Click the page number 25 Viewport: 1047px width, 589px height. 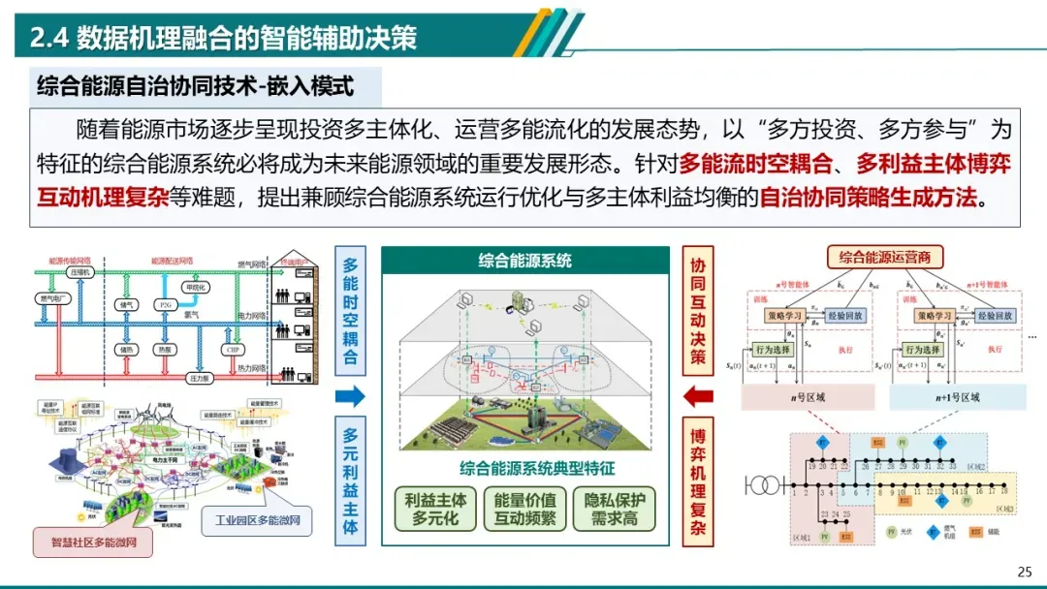click(x=1025, y=571)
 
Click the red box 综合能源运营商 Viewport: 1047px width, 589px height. click(x=884, y=258)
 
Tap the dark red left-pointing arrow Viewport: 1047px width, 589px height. click(x=698, y=395)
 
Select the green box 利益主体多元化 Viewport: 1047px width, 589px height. click(x=435, y=509)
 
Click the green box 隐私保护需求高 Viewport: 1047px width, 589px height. click(x=614, y=509)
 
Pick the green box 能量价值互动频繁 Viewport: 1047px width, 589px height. click(x=524, y=509)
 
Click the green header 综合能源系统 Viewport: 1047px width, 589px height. click(x=524, y=260)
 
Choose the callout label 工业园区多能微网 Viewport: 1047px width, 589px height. click(x=257, y=520)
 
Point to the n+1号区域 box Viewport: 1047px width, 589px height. click(x=956, y=397)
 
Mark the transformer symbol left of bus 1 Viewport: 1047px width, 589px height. click(x=766, y=482)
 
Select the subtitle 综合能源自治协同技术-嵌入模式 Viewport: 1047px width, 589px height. click(x=195, y=86)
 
